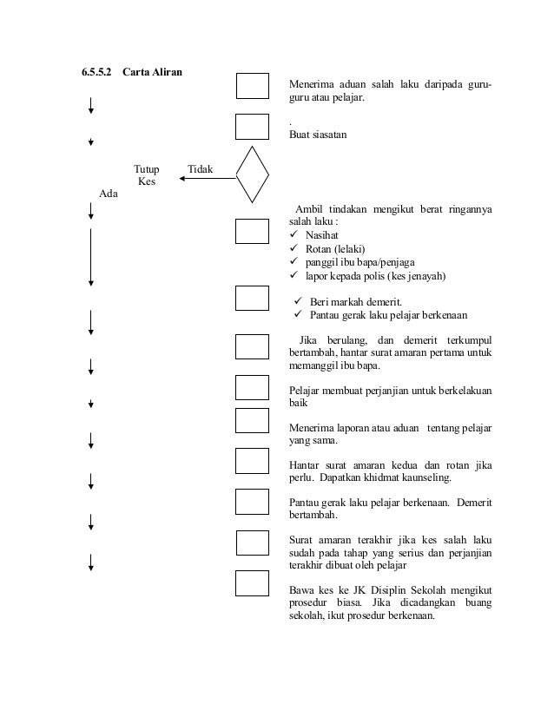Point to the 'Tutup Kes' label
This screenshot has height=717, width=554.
click(x=146, y=175)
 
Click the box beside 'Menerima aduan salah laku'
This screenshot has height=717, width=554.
click(x=252, y=87)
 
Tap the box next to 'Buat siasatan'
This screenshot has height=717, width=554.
click(x=252, y=126)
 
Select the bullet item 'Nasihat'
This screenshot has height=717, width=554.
click(x=322, y=235)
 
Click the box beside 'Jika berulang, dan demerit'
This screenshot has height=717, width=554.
click(x=252, y=346)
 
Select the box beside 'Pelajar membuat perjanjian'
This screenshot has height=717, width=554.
click(x=252, y=386)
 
